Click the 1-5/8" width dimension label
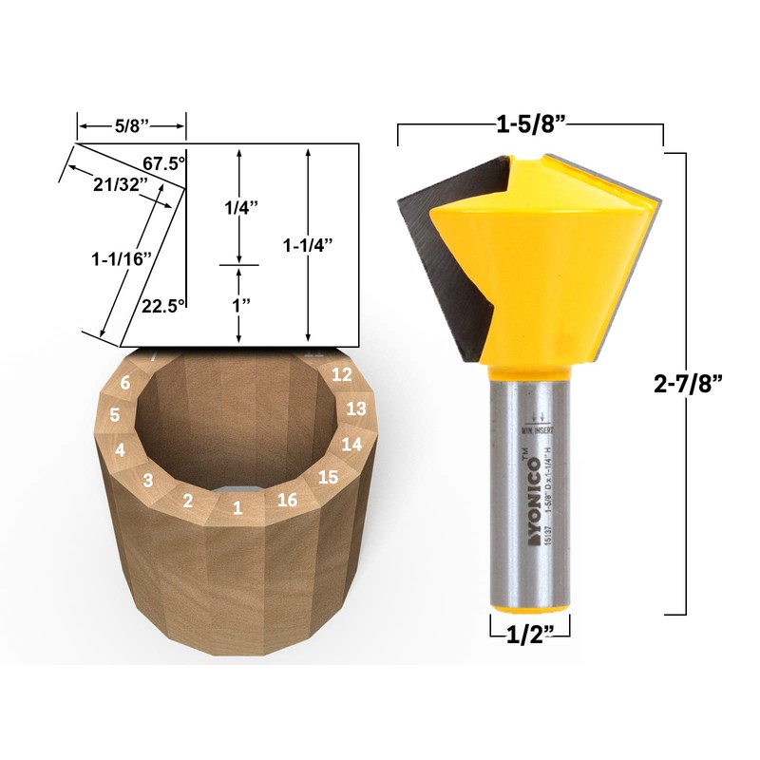pos(532,123)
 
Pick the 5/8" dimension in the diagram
pos(131,124)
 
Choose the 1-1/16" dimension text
pos(121,259)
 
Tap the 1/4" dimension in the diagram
pos(238,208)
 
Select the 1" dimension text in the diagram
pos(238,305)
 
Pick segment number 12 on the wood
pos(342,375)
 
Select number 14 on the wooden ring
pos(351,444)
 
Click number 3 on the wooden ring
pos(148,480)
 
